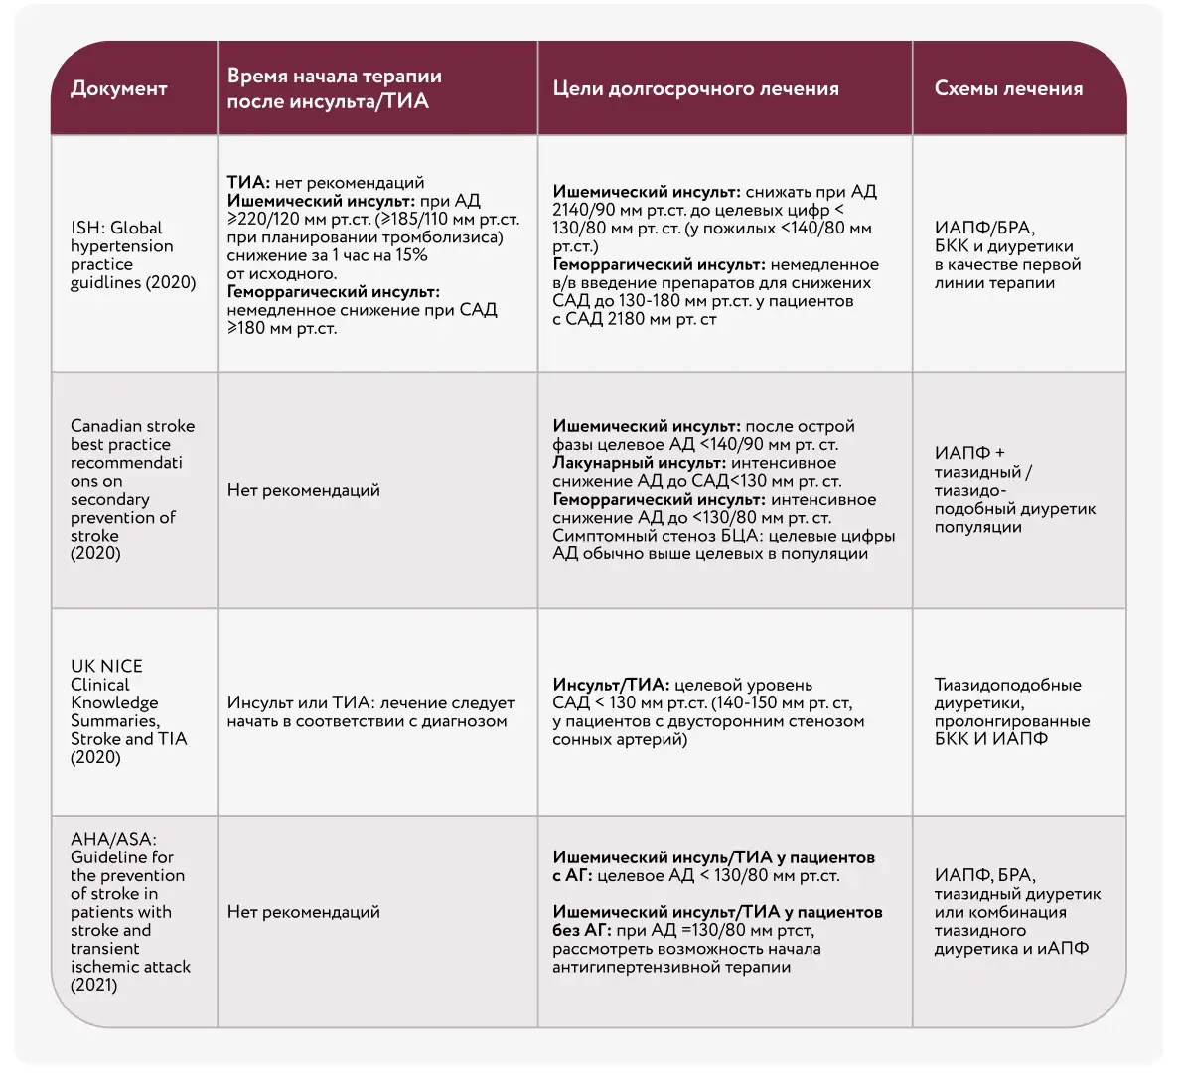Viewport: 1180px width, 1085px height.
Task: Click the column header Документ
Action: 119,88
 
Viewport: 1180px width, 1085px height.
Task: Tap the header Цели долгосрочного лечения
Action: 695,88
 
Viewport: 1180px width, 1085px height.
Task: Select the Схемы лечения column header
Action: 1008,88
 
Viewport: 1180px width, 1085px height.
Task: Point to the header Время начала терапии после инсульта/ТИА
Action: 334,88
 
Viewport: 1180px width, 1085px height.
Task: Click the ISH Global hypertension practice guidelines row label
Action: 133,255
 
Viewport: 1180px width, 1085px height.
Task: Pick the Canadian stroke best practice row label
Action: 132,490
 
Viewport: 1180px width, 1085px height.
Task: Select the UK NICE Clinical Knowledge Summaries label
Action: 128,711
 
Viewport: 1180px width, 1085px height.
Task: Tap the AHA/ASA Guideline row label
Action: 129,912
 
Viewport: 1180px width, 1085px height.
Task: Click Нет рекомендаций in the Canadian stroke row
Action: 303,490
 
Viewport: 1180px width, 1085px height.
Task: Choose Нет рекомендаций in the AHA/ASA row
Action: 303,912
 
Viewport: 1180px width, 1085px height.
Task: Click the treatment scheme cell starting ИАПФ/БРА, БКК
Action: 1007,255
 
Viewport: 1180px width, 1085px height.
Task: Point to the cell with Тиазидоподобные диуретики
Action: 1011,711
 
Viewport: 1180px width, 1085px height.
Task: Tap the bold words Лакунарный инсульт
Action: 639,463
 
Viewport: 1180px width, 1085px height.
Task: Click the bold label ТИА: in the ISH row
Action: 248,183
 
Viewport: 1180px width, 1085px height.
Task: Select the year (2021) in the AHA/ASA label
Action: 94,986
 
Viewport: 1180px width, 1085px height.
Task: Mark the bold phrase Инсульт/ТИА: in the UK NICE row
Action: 610,685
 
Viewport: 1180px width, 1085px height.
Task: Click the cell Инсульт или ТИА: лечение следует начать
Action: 370,712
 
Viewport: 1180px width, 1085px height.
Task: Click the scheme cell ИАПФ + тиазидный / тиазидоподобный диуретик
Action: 1013,490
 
